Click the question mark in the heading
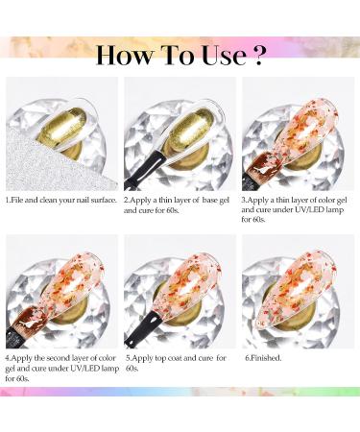(256, 56)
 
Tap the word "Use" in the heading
(224, 56)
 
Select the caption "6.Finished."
(263, 358)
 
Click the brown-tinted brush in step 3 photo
(262, 170)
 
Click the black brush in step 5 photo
(141, 329)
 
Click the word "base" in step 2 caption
(209, 201)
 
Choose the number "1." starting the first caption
(9, 201)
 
